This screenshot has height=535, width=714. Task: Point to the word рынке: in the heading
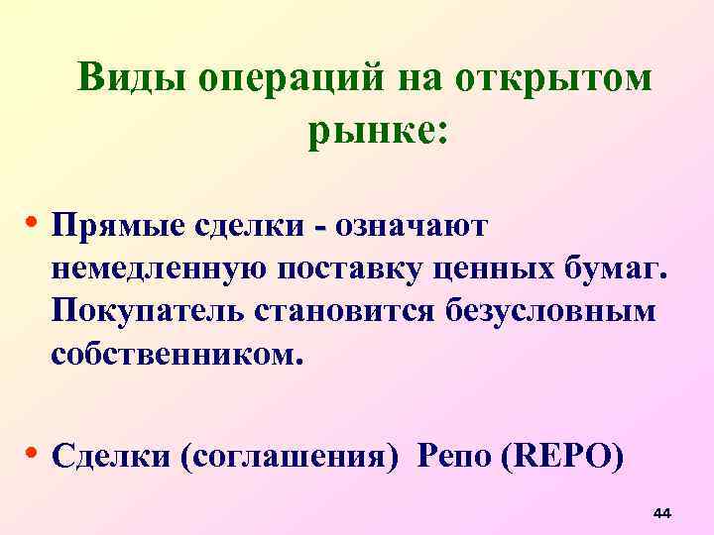pyautogui.click(x=378, y=130)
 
